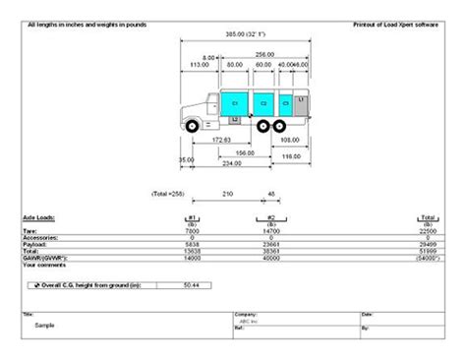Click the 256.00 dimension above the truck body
coord(262,54)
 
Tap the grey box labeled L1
coord(301,101)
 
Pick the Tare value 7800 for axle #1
coord(193,231)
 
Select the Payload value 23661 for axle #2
coord(264,245)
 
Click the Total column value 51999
coord(428,252)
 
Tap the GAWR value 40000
coord(264,259)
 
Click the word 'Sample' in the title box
coord(45,323)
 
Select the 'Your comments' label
coord(42,266)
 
